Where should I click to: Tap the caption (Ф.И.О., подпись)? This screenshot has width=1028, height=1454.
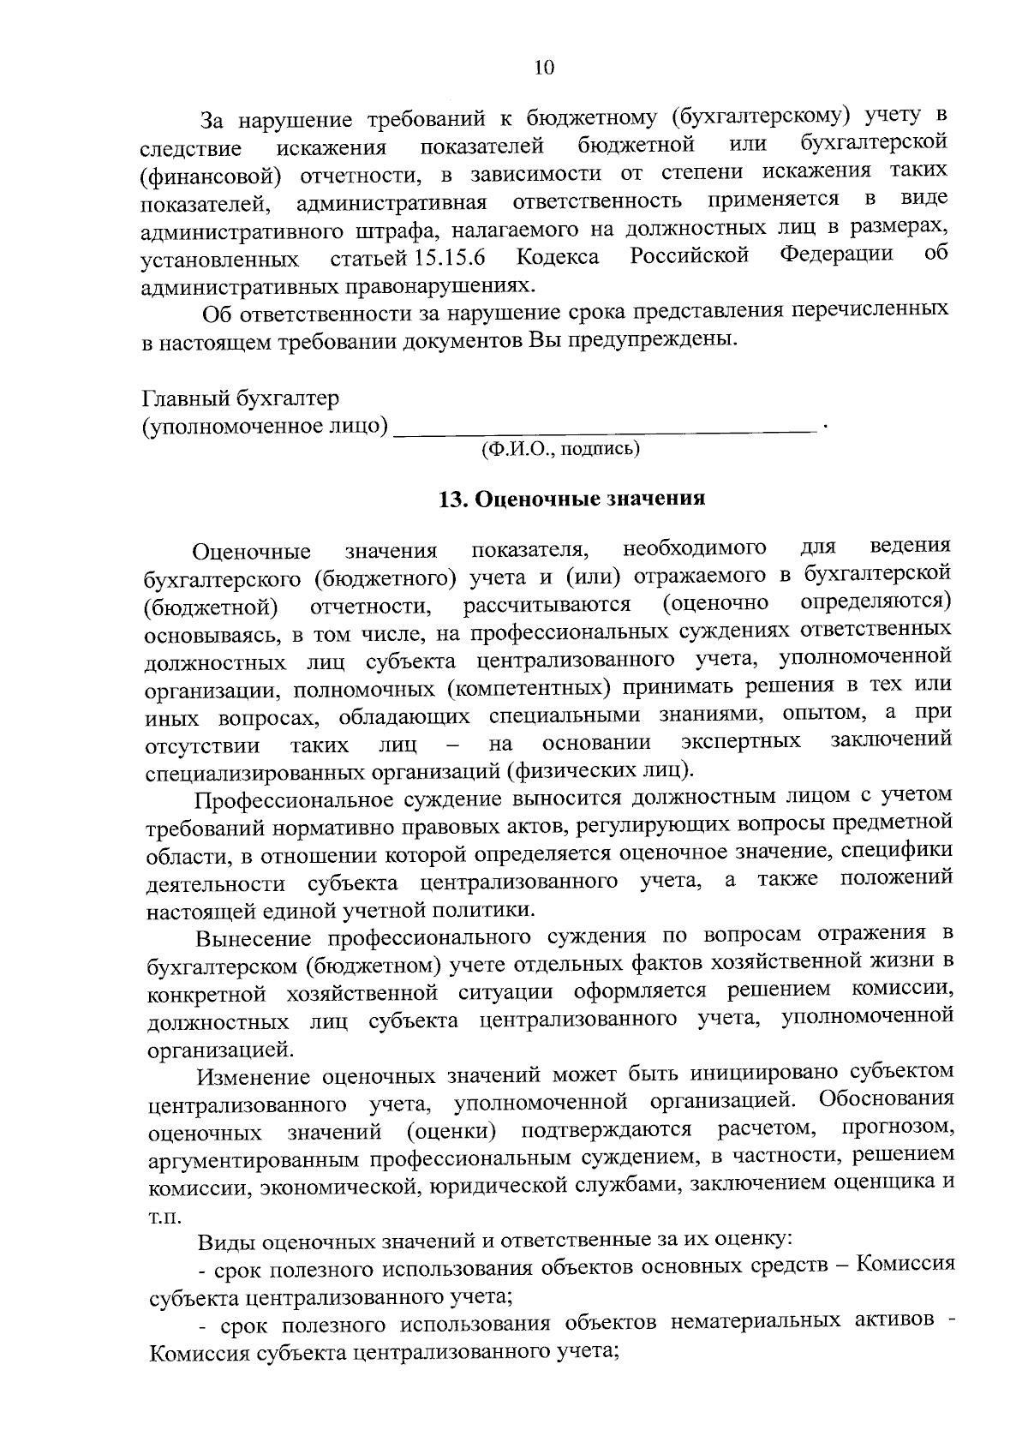pyautogui.click(x=561, y=448)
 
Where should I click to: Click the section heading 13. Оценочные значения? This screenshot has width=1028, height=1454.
pyautogui.click(x=571, y=500)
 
